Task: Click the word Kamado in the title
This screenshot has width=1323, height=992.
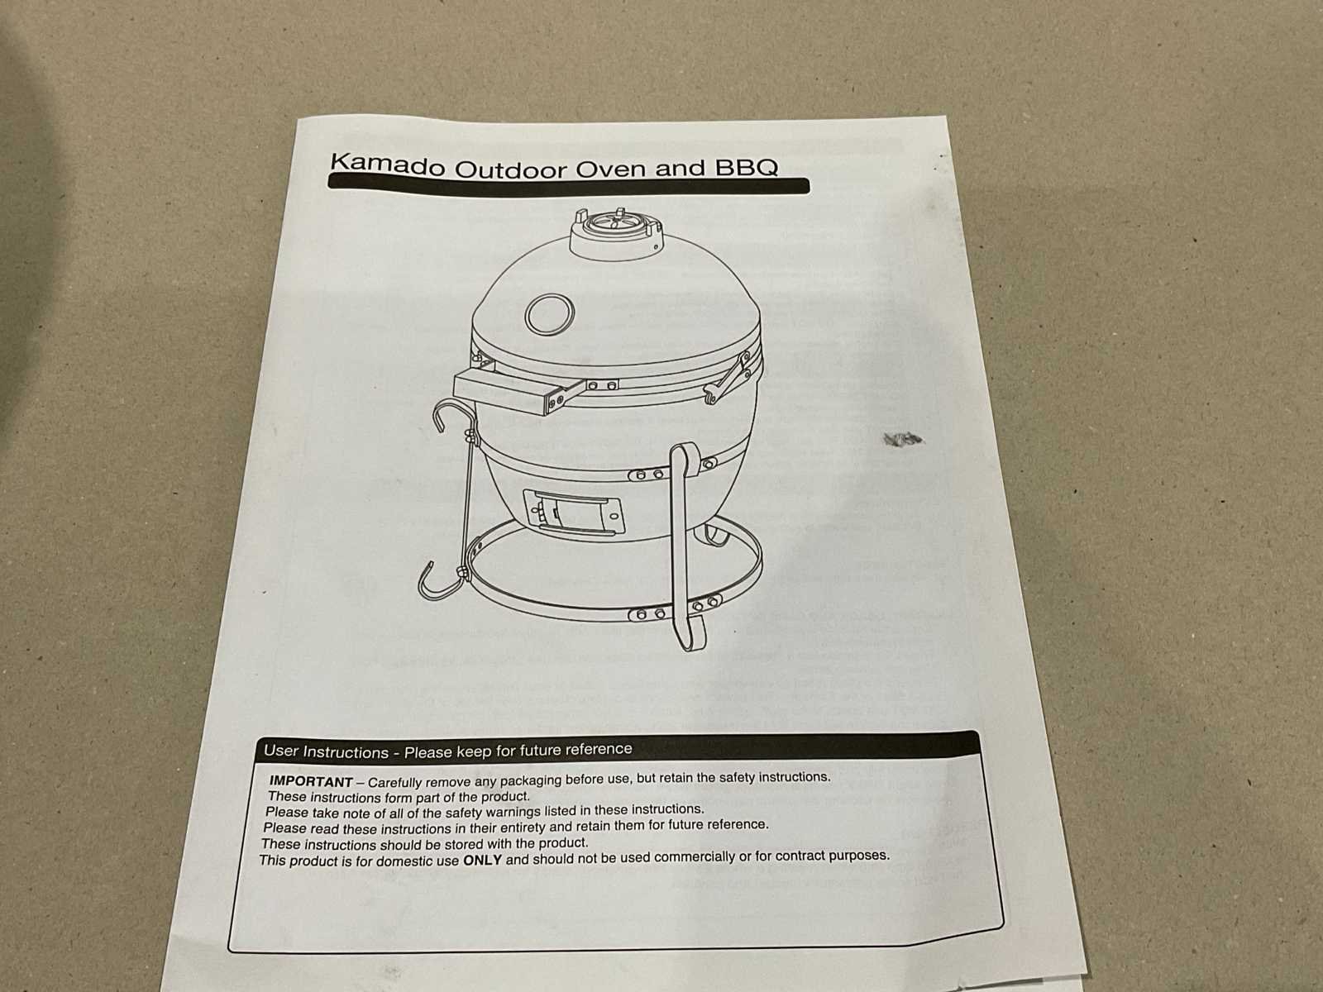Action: tap(387, 165)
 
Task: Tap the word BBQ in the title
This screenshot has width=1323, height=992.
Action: tap(746, 167)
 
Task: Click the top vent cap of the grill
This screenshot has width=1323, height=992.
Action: tap(617, 234)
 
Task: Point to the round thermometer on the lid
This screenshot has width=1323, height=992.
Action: tap(549, 314)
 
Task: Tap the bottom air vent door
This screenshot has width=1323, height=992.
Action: tap(572, 512)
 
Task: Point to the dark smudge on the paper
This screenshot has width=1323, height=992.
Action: tap(902, 439)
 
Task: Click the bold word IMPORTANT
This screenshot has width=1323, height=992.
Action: tap(311, 781)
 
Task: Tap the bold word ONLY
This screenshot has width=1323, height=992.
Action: tap(482, 860)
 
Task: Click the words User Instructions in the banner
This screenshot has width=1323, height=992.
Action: tap(326, 751)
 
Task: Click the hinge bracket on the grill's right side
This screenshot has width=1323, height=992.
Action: tap(730, 376)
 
